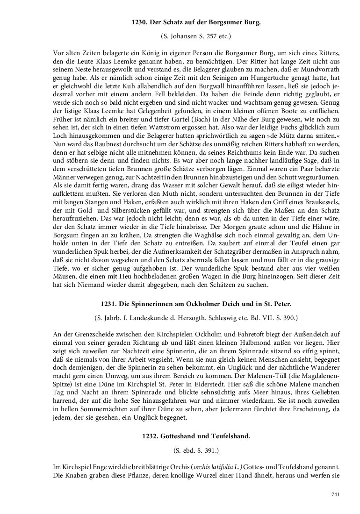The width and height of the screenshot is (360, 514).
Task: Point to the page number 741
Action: [335, 494]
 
